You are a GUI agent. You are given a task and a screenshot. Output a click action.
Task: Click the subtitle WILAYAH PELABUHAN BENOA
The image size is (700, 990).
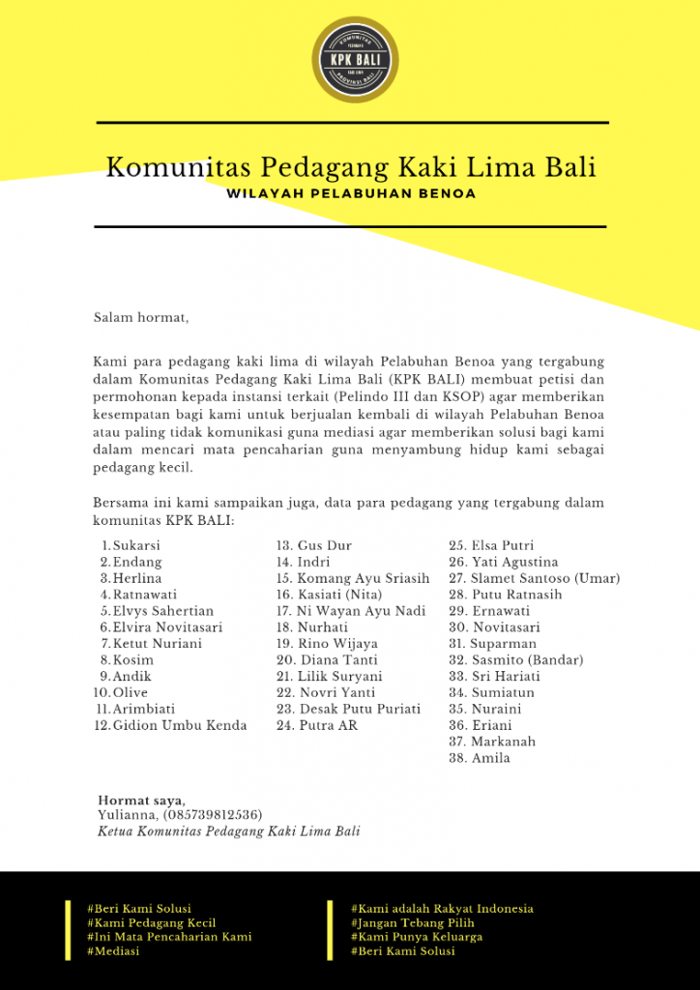[x=350, y=193]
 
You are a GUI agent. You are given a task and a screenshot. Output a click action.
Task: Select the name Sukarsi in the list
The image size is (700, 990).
[x=136, y=545]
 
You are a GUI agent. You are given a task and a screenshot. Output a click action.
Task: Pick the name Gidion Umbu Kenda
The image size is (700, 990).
[x=180, y=725]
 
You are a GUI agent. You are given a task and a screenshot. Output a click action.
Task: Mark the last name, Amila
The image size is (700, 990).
[x=490, y=758]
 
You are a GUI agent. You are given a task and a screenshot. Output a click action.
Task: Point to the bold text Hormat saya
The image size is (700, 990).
[x=141, y=800]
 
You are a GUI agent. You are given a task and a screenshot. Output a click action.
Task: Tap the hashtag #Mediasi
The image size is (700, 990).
[x=113, y=951]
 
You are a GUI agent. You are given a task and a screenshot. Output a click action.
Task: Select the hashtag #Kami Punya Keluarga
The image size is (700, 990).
[x=417, y=937]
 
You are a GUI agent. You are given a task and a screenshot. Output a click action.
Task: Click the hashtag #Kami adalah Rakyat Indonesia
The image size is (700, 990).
[x=442, y=909]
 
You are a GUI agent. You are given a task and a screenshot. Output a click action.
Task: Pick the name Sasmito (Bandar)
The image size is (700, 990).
[x=527, y=660]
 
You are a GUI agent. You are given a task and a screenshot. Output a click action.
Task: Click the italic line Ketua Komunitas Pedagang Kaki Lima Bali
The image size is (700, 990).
[x=229, y=830]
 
